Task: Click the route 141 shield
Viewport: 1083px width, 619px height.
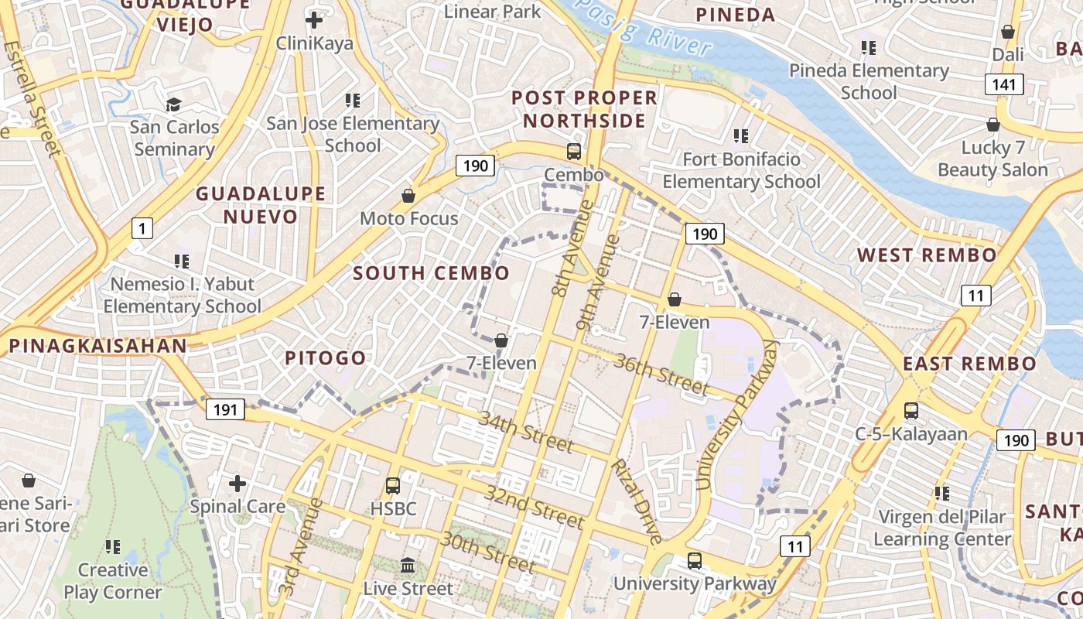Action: (1004, 84)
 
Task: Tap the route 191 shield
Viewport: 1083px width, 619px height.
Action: (225, 409)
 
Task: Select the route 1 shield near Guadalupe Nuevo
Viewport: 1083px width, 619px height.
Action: (142, 228)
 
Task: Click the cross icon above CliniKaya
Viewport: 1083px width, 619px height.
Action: (314, 20)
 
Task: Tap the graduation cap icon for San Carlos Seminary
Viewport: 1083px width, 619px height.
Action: (174, 104)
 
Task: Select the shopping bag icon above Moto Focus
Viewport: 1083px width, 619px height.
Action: (408, 196)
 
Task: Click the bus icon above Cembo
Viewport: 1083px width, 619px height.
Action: (573, 152)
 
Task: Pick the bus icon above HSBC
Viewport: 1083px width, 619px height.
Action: (393, 486)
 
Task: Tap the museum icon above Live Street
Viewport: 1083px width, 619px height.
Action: (408, 566)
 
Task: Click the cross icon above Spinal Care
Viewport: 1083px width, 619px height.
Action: (237, 484)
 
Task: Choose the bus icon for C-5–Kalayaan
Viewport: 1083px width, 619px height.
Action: (911, 411)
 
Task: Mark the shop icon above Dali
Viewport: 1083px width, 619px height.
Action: (1007, 32)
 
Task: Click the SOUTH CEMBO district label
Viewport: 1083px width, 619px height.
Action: (432, 272)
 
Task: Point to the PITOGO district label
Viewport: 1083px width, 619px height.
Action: (325, 357)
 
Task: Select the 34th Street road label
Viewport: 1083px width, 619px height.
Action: (526, 432)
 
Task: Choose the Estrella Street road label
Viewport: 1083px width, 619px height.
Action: (32, 97)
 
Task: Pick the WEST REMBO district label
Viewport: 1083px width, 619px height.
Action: (927, 255)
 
